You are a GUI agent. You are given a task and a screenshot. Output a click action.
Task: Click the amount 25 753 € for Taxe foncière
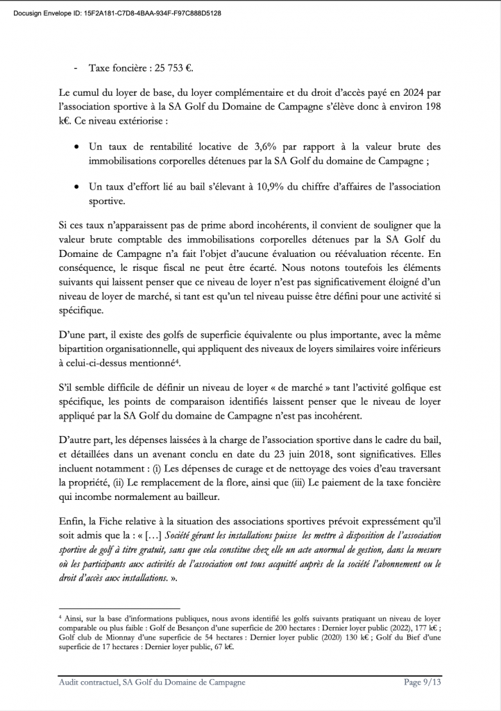point(171,69)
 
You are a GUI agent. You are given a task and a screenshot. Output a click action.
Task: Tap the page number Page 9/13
point(423,682)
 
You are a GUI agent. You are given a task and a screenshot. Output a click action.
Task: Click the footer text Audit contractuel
point(89,682)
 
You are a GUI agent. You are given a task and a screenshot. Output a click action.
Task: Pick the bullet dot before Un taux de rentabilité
point(76,148)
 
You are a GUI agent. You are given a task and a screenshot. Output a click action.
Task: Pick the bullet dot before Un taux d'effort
point(76,187)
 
